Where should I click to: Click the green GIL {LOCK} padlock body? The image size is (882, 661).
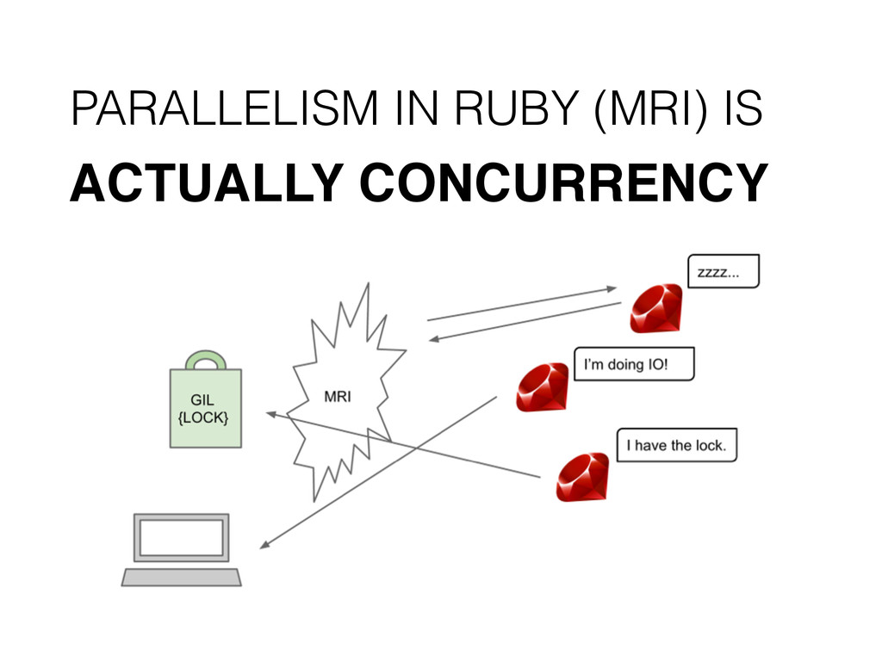coord(205,408)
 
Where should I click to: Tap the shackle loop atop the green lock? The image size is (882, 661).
coord(205,359)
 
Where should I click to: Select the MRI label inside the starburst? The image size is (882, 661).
coord(343,397)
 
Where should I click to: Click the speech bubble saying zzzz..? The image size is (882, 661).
coord(723,271)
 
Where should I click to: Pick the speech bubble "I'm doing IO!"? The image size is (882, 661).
coord(633,364)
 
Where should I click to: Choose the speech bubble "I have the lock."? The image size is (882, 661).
coord(676,445)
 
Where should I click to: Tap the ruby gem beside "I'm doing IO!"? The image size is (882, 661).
coord(542,388)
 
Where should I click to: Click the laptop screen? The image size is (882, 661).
coord(181,538)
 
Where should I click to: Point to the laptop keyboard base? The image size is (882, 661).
coord(181,576)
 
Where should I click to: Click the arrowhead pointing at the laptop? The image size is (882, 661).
coord(266,545)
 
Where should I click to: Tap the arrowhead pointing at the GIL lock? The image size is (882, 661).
coord(270,415)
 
